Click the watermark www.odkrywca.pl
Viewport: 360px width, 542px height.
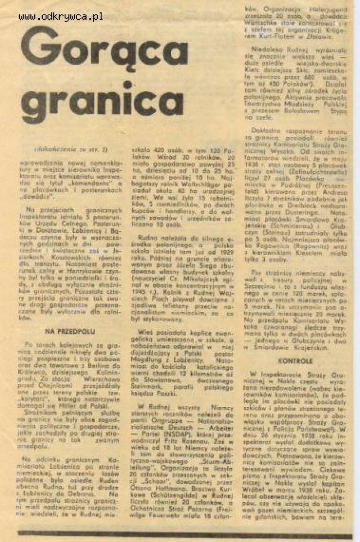click(60, 16)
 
